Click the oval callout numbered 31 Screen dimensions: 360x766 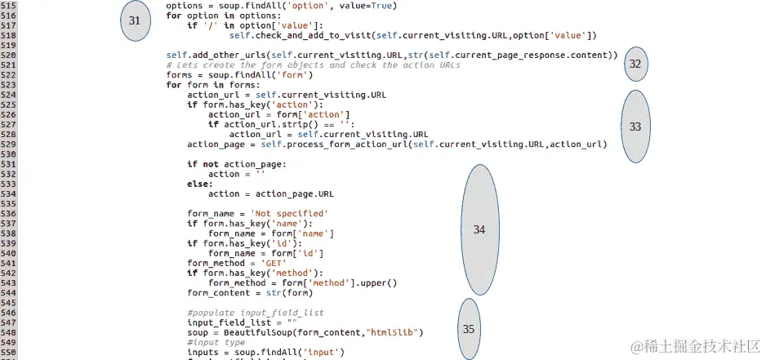pyautogui.click(x=135, y=20)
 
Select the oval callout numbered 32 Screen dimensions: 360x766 pyautogui.click(x=635, y=64)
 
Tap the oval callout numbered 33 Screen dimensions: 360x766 pyautogui.click(x=635, y=126)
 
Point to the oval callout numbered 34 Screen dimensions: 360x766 pyautogui.click(x=479, y=229)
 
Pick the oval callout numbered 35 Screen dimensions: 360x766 pyautogui.click(x=469, y=329)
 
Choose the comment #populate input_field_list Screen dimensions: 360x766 pyautogui.click(x=255, y=313)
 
